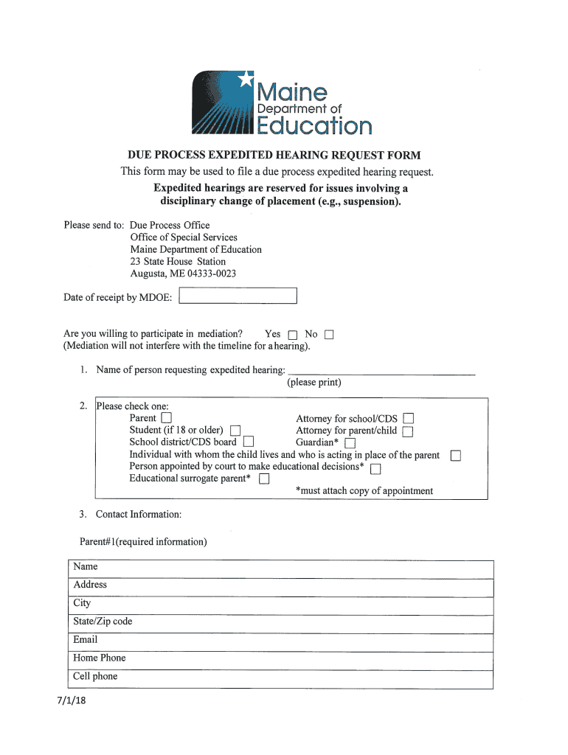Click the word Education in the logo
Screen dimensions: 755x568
pyautogui.click(x=314, y=126)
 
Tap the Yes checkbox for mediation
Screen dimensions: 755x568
pyautogui.click(x=292, y=335)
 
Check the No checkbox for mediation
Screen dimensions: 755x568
pyautogui.click(x=329, y=335)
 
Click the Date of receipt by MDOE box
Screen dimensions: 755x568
pyautogui.click(x=238, y=296)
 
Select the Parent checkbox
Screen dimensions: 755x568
pyautogui.click(x=166, y=419)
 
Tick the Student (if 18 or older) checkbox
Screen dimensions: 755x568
pyautogui.click(x=235, y=431)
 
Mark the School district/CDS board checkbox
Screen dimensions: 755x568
pyautogui.click(x=249, y=442)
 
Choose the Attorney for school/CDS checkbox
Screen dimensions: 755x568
pyautogui.click(x=408, y=419)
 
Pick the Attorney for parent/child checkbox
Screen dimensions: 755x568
pyautogui.click(x=407, y=431)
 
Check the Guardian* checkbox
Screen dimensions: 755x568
pyautogui.click(x=350, y=443)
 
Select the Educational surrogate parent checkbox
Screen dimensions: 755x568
pyautogui.click(x=264, y=479)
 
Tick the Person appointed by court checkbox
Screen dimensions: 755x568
pyautogui.click(x=375, y=467)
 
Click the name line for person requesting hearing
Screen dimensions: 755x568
pyautogui.click(x=381, y=369)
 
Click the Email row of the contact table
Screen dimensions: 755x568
pyautogui.click(x=280, y=640)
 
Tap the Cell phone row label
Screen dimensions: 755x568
pyautogui.click(x=95, y=676)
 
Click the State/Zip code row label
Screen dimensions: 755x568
pyautogui.click(x=103, y=622)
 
